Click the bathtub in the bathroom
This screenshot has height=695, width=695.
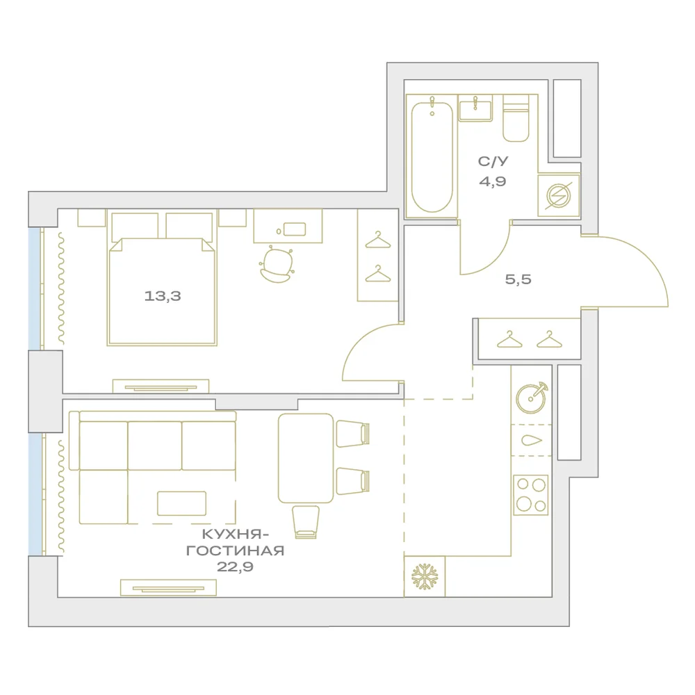tap(432, 157)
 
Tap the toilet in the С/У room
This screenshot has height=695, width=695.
tap(516, 118)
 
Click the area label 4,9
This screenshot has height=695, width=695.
tap(493, 181)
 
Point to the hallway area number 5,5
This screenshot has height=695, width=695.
tap(518, 279)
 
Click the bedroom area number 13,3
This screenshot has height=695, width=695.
tap(163, 295)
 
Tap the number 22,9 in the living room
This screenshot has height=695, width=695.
tap(235, 566)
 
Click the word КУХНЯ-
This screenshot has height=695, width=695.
tap(236, 534)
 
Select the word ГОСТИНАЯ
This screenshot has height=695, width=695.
tap(235, 550)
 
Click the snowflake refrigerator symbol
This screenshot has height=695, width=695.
tap(425, 577)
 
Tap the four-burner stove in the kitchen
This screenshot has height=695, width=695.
tap(530, 495)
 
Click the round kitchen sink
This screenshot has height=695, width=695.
tap(532, 398)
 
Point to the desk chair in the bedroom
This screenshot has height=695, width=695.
tap(277, 265)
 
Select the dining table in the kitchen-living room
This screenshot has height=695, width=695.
tap(306, 458)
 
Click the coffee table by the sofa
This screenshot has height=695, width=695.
tap(181, 503)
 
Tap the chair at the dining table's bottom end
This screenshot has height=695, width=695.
tap(306, 522)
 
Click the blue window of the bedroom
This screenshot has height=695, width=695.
tap(35, 288)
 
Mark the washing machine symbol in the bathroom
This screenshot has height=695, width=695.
tap(559, 195)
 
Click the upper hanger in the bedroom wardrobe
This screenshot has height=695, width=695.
tap(378, 240)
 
